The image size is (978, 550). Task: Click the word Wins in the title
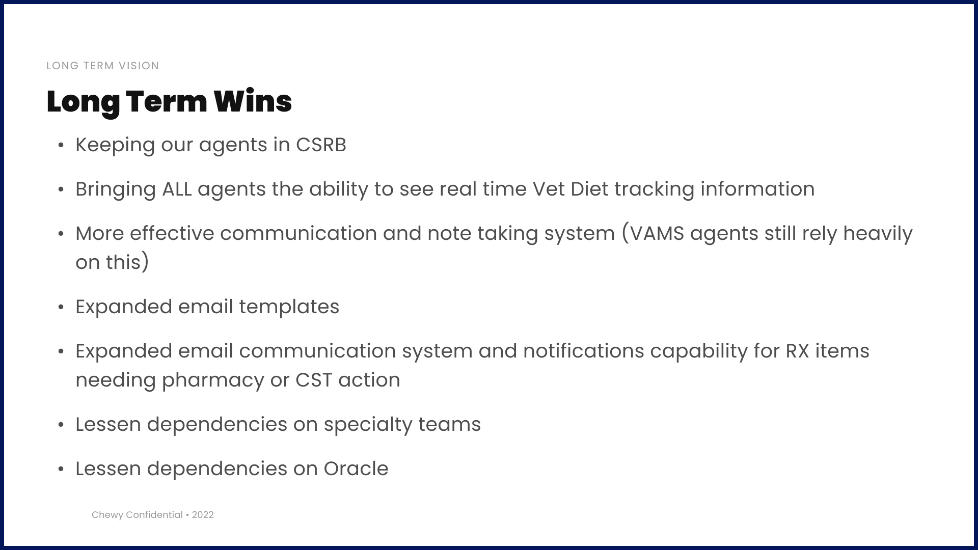click(x=253, y=101)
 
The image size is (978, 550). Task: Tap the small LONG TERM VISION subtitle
click(x=103, y=66)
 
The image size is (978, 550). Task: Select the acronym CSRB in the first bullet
click(x=321, y=145)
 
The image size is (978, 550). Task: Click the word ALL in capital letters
click(x=177, y=189)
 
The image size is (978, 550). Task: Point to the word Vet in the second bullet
click(x=549, y=189)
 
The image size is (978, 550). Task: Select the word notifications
click(x=584, y=351)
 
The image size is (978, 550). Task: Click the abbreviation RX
click(x=798, y=351)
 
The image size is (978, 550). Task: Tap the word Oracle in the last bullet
click(x=356, y=469)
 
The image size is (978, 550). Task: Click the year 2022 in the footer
click(x=203, y=515)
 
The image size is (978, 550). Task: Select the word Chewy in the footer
click(x=107, y=515)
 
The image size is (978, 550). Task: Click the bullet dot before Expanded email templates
click(x=61, y=308)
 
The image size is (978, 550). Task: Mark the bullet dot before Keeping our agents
click(x=61, y=146)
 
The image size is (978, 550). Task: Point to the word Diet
click(x=589, y=189)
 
